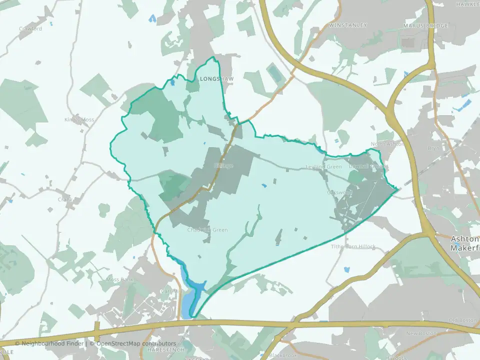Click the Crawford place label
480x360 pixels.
point(30,29)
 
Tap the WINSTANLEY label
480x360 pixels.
point(348,25)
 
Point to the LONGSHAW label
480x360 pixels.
point(213,79)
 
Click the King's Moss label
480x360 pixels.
point(79,120)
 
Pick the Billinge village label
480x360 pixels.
point(223,165)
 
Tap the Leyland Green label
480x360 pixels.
point(324,166)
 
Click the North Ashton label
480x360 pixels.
point(386,144)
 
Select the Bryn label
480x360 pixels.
point(433,148)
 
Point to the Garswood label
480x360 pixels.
point(339,192)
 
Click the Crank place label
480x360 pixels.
point(65,199)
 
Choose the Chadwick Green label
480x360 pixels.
point(207,230)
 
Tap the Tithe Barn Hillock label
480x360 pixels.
point(353,246)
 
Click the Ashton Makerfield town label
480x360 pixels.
point(465,243)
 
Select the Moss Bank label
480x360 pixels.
point(119,279)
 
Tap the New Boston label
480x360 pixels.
point(421,333)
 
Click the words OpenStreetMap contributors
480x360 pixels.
point(136,343)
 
